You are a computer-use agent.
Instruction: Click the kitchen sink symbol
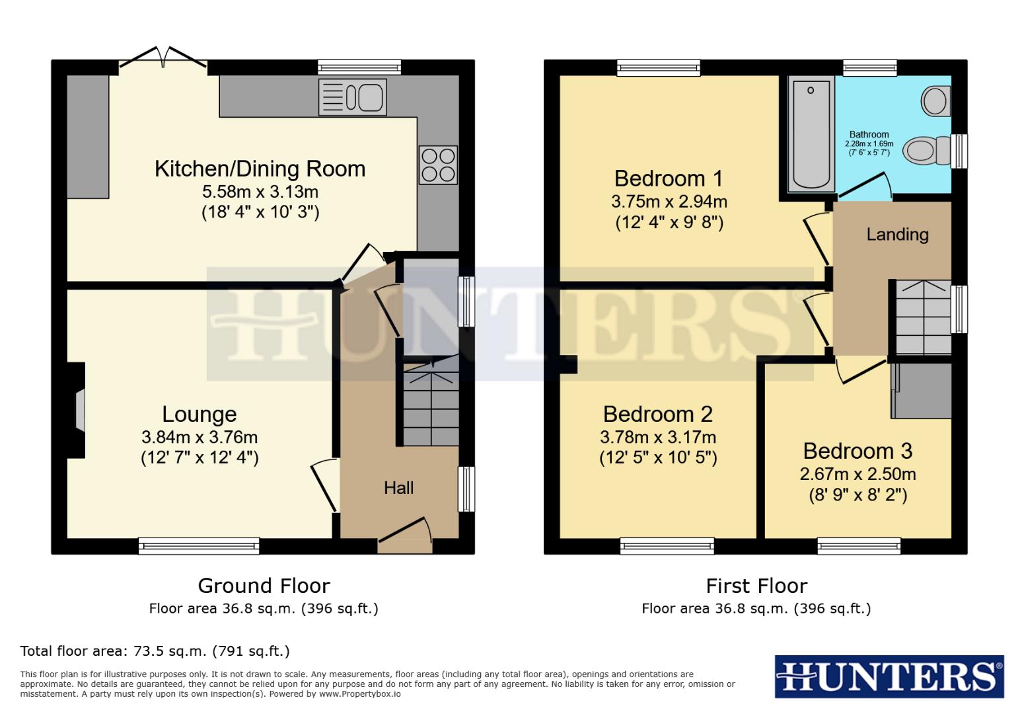(x=353, y=97)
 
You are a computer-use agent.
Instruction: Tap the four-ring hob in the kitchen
(x=438, y=165)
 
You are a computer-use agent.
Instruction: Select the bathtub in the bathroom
(x=811, y=135)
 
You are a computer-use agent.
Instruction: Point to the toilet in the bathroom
(x=925, y=151)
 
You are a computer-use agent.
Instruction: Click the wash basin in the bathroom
(x=935, y=101)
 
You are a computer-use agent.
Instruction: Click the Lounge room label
(x=200, y=415)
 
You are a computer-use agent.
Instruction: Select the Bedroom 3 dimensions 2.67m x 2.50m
(x=857, y=474)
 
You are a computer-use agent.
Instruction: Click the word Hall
(x=399, y=488)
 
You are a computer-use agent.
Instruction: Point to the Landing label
(x=897, y=235)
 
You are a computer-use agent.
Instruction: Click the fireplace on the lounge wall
(x=78, y=410)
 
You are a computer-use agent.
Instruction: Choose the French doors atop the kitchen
(x=163, y=59)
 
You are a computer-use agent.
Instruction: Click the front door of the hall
(x=405, y=537)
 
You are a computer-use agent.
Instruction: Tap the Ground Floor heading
(x=264, y=586)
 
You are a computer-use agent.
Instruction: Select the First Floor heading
(x=756, y=586)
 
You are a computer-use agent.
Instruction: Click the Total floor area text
(x=155, y=651)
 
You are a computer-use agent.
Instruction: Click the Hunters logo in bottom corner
(x=889, y=676)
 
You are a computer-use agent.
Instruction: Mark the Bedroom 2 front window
(x=667, y=545)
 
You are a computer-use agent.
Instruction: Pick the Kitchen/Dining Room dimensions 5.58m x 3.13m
(x=260, y=192)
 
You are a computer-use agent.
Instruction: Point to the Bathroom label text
(x=869, y=134)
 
